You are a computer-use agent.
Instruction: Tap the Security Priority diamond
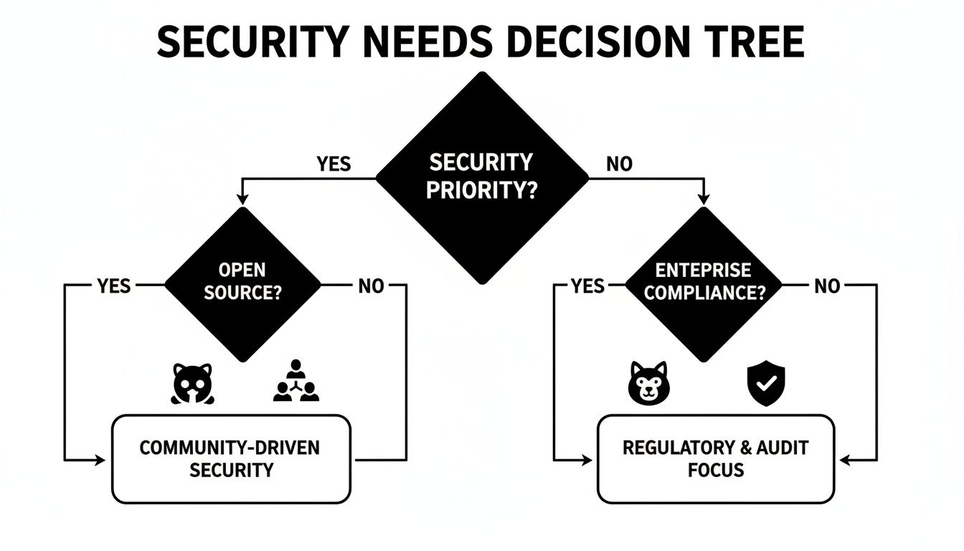(x=482, y=178)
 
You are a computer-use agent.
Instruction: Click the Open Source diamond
(x=243, y=283)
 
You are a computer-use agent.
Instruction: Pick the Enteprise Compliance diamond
(x=703, y=283)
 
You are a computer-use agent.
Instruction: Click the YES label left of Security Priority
(x=334, y=164)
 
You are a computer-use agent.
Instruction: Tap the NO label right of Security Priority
(x=619, y=164)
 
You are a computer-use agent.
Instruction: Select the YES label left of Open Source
(x=114, y=286)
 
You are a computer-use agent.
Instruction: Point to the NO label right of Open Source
(x=371, y=286)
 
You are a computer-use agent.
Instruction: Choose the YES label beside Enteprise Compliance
(x=587, y=286)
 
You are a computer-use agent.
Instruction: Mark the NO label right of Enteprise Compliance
(x=827, y=286)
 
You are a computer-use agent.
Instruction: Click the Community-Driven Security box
(x=231, y=459)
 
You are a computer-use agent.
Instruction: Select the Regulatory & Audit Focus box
(x=715, y=459)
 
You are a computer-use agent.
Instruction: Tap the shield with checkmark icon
(x=766, y=382)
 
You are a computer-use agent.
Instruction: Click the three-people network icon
(x=296, y=382)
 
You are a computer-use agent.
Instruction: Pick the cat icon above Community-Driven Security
(x=192, y=383)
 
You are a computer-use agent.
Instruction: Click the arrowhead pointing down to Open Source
(x=243, y=200)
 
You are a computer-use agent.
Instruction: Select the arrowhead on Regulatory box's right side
(x=843, y=460)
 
